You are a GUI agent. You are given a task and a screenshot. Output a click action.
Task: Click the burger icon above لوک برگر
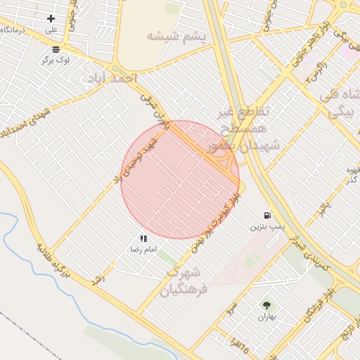pyautogui.click(x=56, y=49)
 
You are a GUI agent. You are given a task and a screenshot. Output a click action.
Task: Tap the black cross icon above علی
pyautogui.click(x=51, y=18)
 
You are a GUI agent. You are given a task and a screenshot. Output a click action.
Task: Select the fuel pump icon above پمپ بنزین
pyautogui.click(x=266, y=215)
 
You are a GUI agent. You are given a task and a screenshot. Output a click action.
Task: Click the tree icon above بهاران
pyautogui.click(x=266, y=305)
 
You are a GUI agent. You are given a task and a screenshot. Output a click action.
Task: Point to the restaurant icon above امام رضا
pyautogui.click(x=143, y=238)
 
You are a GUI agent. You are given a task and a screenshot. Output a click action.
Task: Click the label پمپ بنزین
pyautogui.click(x=266, y=227)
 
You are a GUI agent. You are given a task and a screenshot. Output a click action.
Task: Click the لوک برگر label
pyautogui.click(x=56, y=60)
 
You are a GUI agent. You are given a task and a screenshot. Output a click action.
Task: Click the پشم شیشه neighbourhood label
pyautogui.click(x=178, y=36)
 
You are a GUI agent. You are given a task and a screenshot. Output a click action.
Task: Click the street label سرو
pyautogui.click(x=230, y=309)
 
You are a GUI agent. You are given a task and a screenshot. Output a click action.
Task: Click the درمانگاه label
pyautogui.click(x=15, y=30)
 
